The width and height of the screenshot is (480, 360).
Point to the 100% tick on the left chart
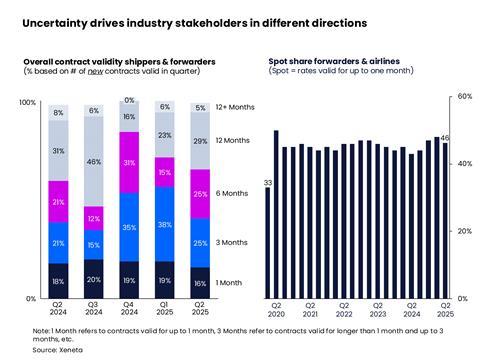27,103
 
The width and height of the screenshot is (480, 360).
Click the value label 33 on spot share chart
267,183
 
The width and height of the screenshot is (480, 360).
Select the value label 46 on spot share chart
446,138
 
